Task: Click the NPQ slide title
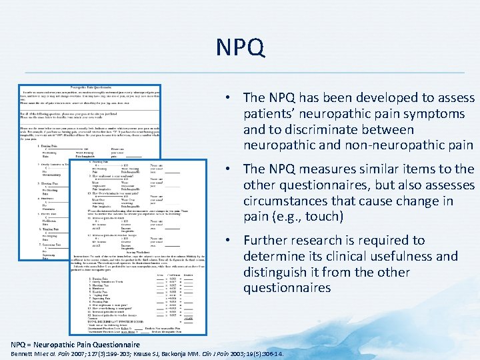pos(240,47)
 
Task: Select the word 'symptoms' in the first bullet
pos(437,114)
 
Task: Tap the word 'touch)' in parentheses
pos(323,217)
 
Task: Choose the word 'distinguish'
pos(279,272)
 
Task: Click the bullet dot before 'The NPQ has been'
pos(228,98)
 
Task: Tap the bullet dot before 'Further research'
pos(228,240)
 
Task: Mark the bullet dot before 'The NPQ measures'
pos(228,169)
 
